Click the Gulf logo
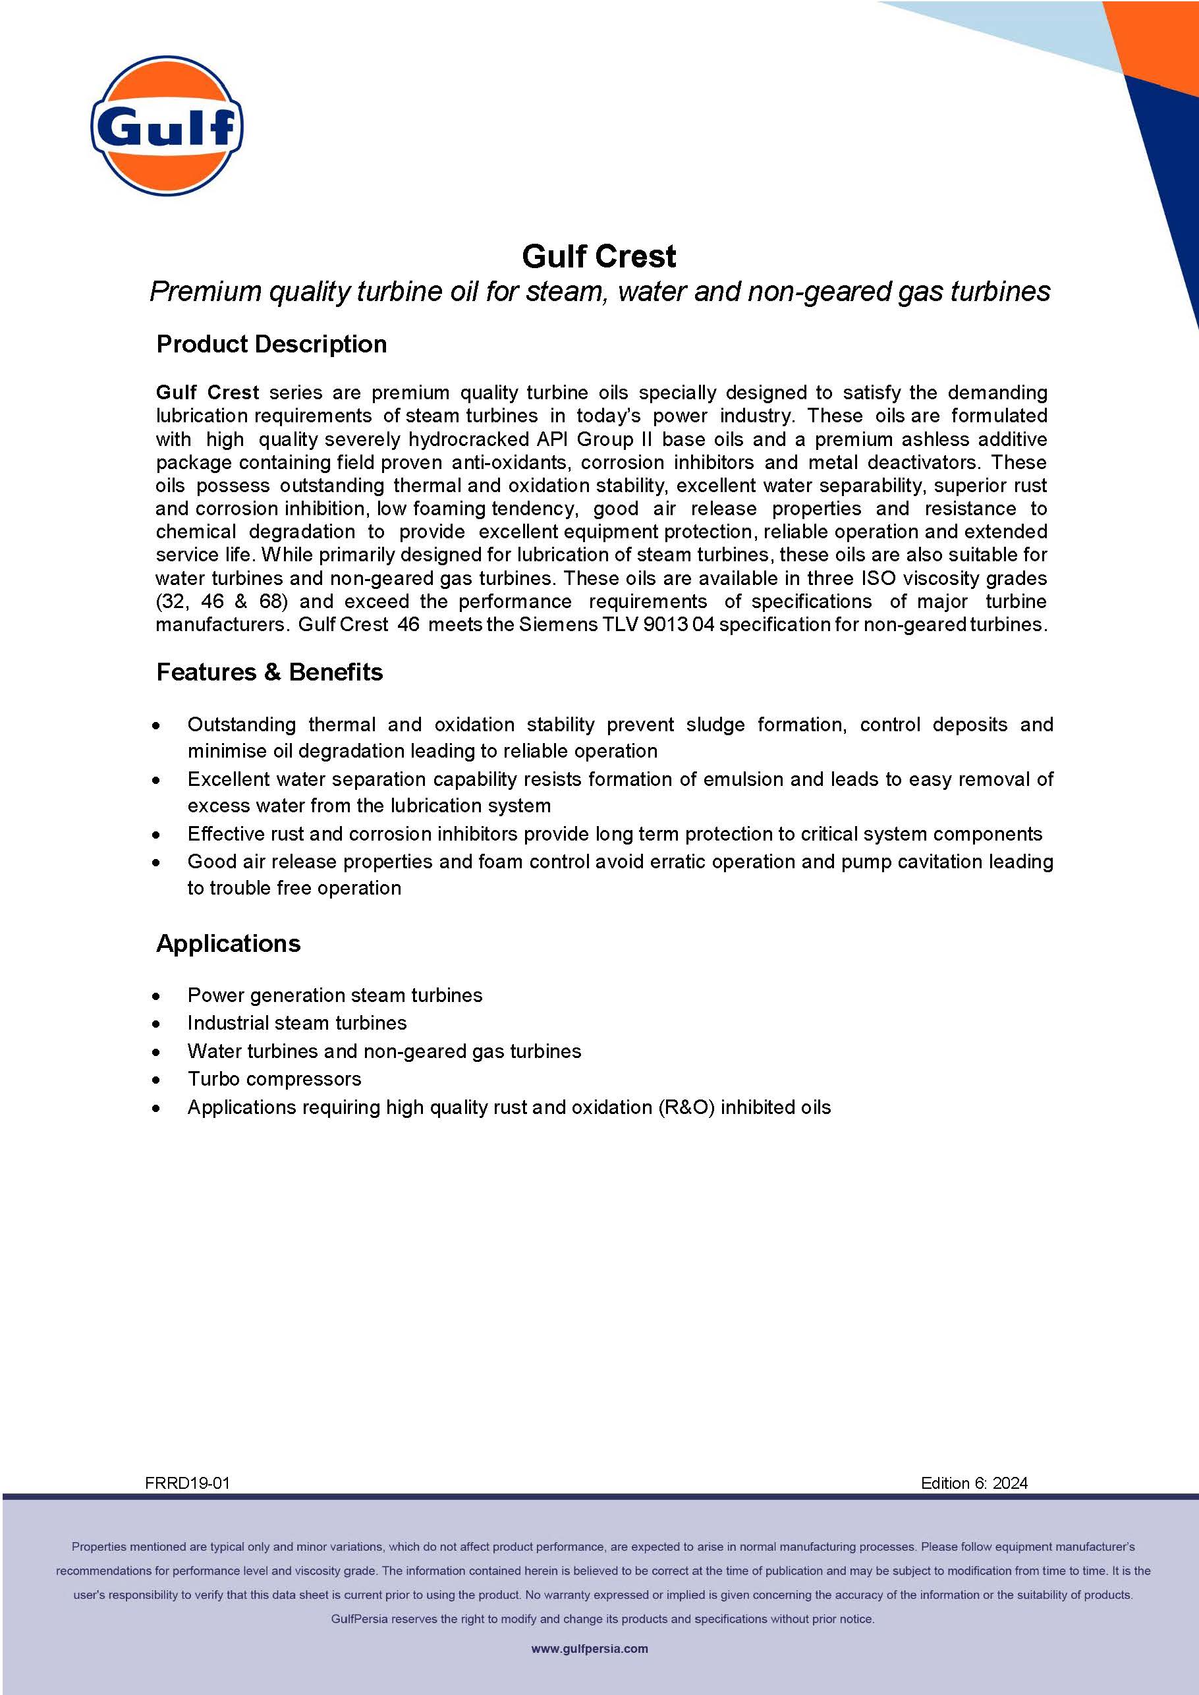coord(167,126)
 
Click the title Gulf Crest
coord(599,257)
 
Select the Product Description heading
coord(271,344)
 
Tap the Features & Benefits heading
coord(269,672)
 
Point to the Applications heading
coord(228,943)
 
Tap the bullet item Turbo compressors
coord(274,1078)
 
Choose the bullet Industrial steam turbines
coord(297,1022)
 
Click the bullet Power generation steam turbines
coord(335,995)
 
